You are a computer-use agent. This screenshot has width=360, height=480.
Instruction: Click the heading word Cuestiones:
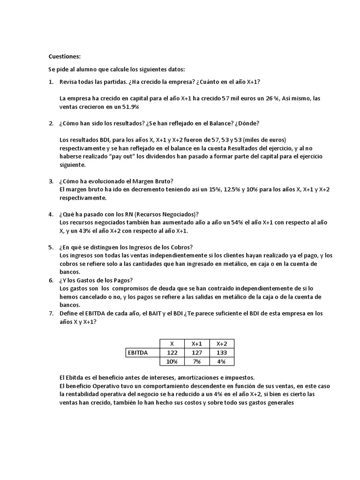click(x=65, y=56)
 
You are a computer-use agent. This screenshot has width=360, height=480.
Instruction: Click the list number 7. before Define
click(x=51, y=313)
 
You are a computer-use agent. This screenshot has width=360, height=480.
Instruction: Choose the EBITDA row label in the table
click(x=137, y=352)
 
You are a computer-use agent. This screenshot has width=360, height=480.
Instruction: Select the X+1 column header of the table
click(x=197, y=344)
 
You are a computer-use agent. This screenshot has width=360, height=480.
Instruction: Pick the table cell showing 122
click(x=172, y=352)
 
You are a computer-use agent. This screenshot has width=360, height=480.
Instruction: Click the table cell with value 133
click(x=222, y=352)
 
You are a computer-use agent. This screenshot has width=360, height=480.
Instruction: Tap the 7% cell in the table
click(x=197, y=361)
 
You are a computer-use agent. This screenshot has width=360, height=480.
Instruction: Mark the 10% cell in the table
click(x=172, y=361)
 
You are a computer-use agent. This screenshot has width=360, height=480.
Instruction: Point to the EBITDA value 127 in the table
click(x=197, y=352)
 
